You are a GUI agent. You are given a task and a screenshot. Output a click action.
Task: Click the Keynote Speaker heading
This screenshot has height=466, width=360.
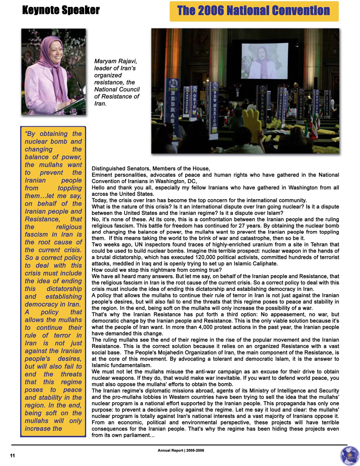click(61, 10)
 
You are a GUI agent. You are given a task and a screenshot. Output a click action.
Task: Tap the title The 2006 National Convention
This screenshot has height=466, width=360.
click(253, 11)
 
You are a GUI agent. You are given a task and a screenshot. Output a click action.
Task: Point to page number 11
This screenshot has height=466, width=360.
click(12, 455)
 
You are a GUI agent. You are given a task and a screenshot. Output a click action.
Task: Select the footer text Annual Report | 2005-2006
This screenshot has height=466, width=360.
click(181, 450)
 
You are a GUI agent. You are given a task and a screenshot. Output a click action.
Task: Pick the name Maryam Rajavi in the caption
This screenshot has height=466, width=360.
click(115, 61)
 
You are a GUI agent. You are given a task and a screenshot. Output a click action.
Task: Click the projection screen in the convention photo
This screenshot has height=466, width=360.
click(265, 60)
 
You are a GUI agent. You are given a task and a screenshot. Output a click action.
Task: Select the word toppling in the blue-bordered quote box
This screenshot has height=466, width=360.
click(69, 188)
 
